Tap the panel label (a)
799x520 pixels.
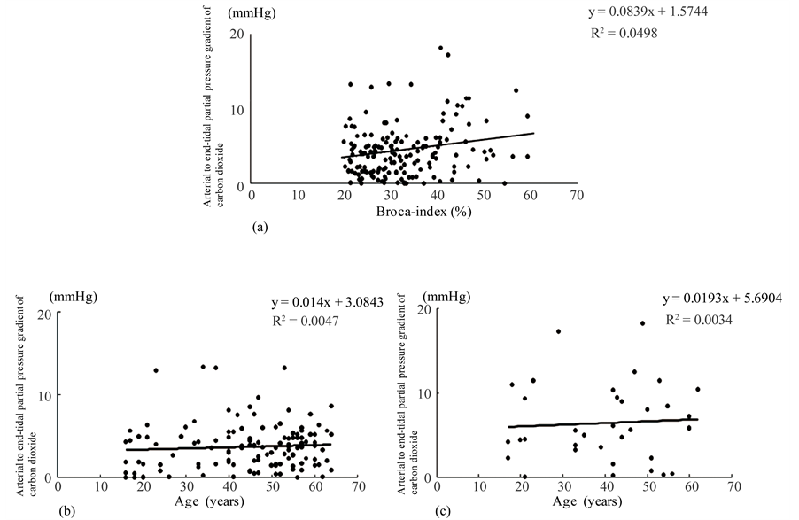coord(260,228)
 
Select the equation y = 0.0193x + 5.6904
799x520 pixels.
coord(720,299)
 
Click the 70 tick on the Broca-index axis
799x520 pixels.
coord(576,194)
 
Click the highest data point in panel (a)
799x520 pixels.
coord(440,48)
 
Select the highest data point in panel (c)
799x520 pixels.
coord(642,322)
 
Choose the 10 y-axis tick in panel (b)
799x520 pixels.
coord(43,393)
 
